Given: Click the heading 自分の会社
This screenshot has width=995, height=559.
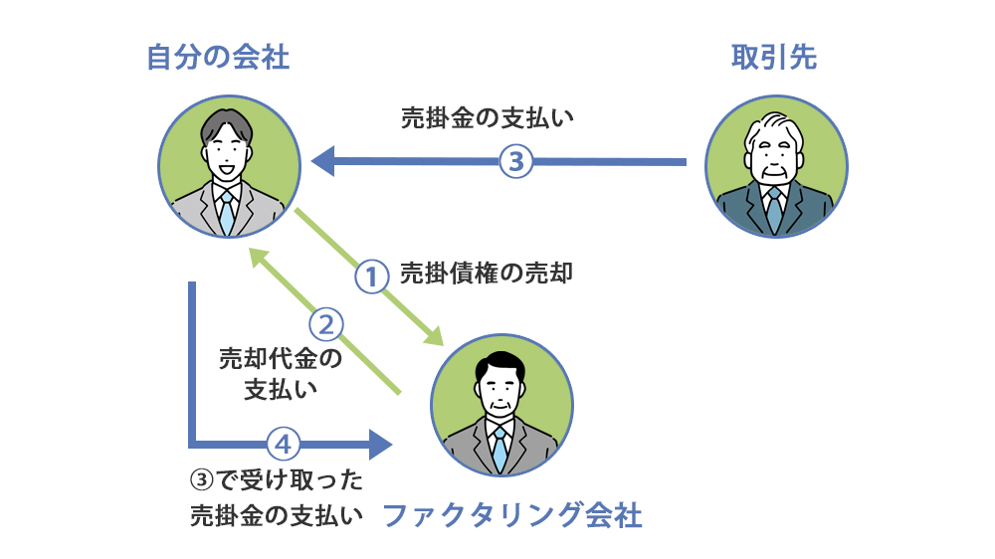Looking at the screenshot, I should tap(218, 59).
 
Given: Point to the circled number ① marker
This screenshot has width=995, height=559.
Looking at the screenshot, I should tap(370, 276).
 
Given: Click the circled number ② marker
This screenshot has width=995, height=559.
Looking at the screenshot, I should tap(327, 324).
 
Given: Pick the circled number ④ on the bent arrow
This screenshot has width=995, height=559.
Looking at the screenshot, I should tap(284, 443).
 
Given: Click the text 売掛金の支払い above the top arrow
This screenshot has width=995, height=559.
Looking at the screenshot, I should tap(489, 117).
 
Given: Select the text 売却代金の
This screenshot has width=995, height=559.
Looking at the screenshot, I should tap(281, 358).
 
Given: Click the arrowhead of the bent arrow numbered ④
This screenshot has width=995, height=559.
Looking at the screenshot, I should tap(380, 443).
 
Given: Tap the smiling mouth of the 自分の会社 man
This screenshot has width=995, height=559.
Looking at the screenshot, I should tap(227, 167).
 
